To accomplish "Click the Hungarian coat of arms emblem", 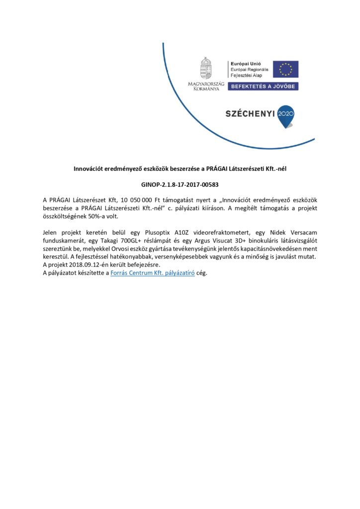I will point(205,68).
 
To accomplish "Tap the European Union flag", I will point(285,69).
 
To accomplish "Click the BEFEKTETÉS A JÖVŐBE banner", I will point(263,86).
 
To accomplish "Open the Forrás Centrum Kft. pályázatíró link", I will point(155,272).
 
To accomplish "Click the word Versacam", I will point(301,233).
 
